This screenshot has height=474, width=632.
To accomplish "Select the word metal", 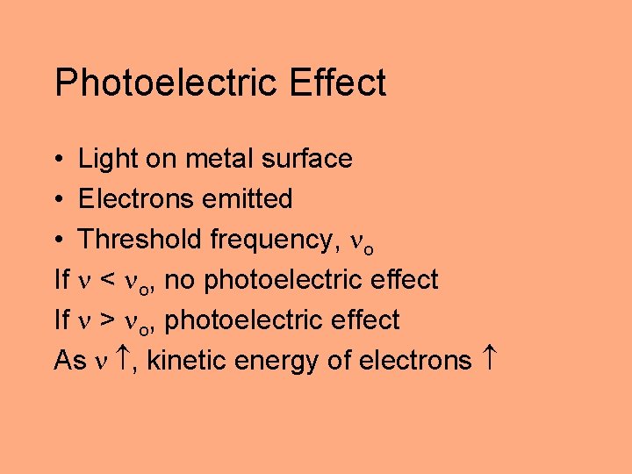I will pyautogui.click(x=210, y=159).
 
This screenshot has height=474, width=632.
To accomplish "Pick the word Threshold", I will pyautogui.click(x=140, y=240).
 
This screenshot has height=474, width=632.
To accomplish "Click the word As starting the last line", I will pyautogui.click(x=69, y=361).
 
